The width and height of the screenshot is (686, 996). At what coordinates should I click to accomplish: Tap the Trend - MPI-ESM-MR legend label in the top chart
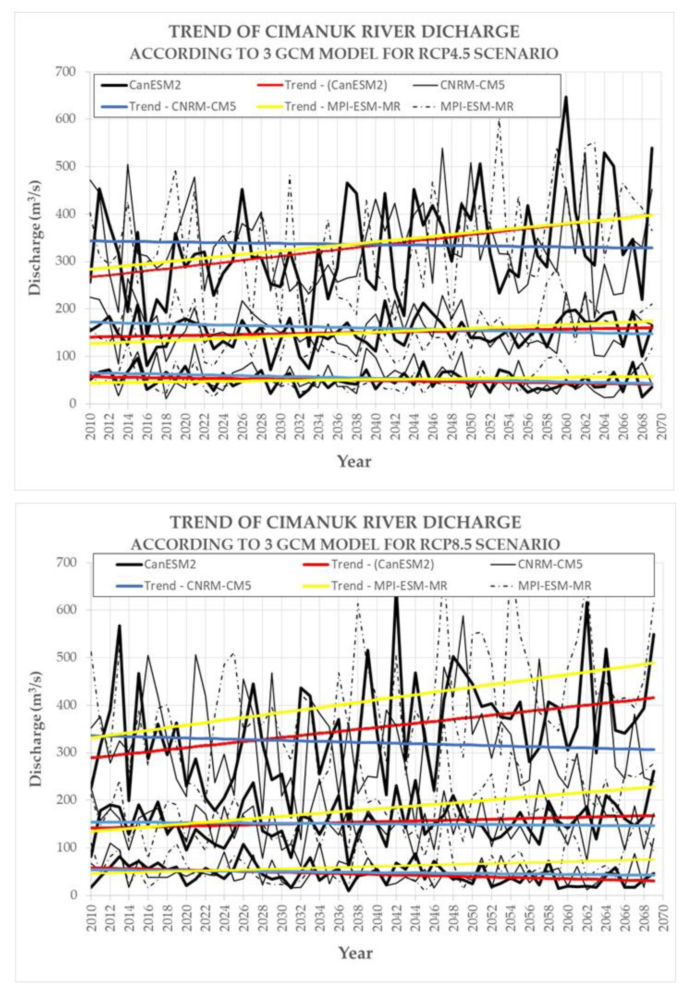pyautogui.click(x=342, y=106)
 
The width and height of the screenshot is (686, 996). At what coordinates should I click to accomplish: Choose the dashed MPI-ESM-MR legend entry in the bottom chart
pyautogui.click(x=554, y=585)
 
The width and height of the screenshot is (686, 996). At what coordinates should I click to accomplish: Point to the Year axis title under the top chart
pyautogui.click(x=354, y=461)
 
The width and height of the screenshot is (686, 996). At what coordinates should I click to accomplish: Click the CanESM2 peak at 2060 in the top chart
pyautogui.click(x=566, y=97)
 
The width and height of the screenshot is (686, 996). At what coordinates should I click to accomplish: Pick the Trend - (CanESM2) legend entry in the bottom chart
pyautogui.click(x=382, y=564)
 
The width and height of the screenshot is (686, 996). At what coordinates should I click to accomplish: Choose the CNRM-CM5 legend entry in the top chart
pyautogui.click(x=472, y=85)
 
